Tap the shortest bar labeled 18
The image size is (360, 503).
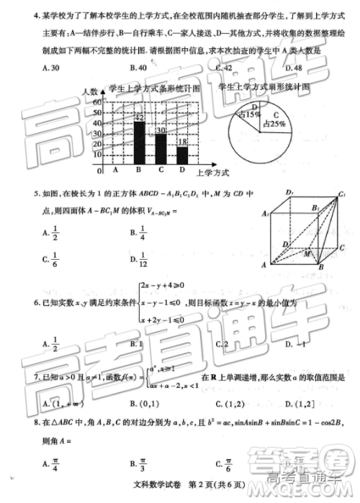[182, 155]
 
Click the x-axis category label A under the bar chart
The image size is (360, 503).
[117, 171]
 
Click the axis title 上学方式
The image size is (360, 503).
[212, 173]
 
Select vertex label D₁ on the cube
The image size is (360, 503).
[289, 191]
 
